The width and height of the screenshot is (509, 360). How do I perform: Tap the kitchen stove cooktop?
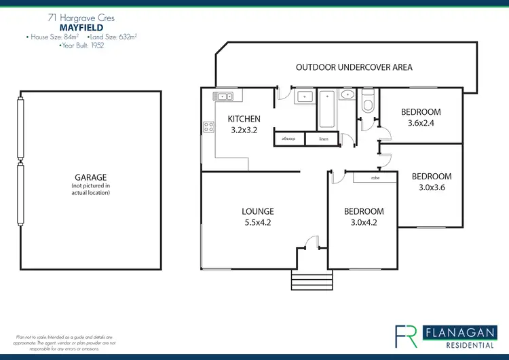(x=208, y=127)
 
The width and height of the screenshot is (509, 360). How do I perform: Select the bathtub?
(x=326, y=109)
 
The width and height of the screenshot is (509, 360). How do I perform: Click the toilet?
(x=369, y=102)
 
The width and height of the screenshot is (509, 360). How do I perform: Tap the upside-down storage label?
(x=288, y=139)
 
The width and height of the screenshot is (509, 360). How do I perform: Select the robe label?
(x=375, y=178)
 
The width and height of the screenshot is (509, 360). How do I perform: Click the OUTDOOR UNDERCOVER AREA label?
(x=354, y=67)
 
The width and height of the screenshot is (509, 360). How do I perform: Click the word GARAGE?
(x=90, y=177)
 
